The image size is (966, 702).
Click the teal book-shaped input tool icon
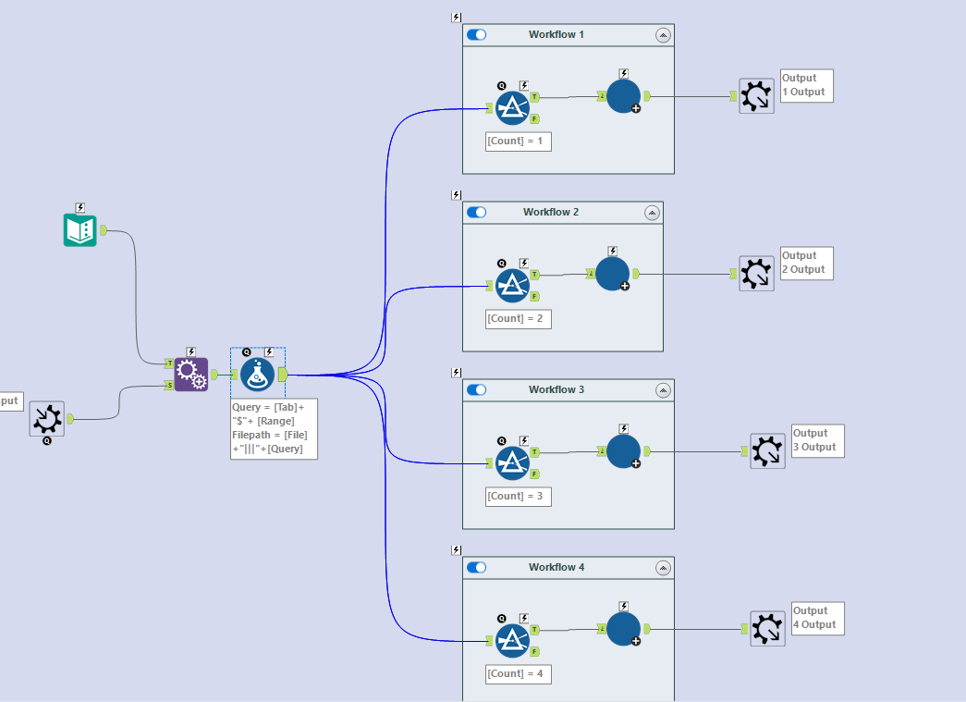[x=79, y=230]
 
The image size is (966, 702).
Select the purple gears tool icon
[x=190, y=375]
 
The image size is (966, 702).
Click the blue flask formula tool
[x=258, y=375]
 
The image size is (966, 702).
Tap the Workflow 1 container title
[x=556, y=35]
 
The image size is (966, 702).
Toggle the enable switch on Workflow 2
[x=477, y=213]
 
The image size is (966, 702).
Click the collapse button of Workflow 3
[x=663, y=390]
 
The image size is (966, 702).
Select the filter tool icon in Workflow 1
[x=511, y=108]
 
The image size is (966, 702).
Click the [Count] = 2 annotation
[x=519, y=319]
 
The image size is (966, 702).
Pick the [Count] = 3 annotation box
[x=519, y=497]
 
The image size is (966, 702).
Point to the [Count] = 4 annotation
[x=519, y=674]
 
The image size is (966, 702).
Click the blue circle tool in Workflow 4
[x=623, y=629]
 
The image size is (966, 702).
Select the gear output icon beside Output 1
[x=756, y=96]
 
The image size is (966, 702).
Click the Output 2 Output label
[x=807, y=264]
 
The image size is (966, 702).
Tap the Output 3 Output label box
[x=818, y=441]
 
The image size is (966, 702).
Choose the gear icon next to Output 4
[x=767, y=629]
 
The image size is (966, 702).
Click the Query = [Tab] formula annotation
[x=274, y=429]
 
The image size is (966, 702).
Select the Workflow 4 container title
[x=556, y=568]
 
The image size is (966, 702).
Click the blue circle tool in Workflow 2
[x=612, y=274]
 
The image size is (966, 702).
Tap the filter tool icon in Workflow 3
[x=511, y=463]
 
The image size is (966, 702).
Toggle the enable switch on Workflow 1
[x=477, y=35]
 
